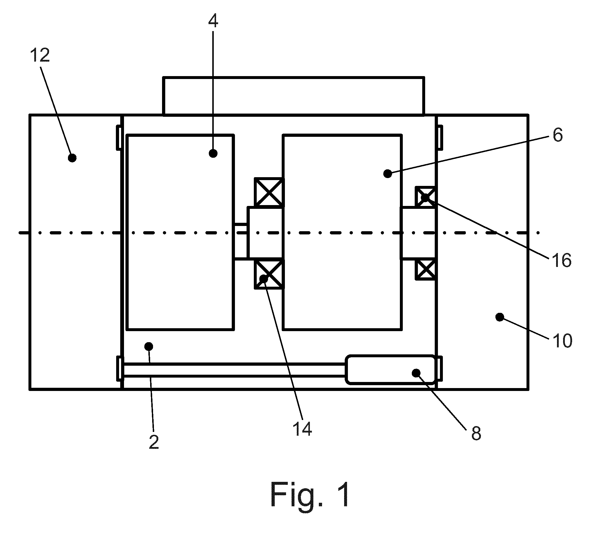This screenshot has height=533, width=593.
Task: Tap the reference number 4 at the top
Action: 213,21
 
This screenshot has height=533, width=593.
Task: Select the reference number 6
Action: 558,135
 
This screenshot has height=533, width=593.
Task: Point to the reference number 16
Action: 561,260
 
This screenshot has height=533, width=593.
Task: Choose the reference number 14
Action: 302,429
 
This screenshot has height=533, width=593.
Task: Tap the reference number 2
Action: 154,442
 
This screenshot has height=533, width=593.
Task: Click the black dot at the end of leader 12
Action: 72,158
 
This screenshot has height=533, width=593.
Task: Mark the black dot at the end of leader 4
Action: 213,153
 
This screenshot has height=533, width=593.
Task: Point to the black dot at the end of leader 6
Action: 387,174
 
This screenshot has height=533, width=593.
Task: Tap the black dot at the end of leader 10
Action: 499,317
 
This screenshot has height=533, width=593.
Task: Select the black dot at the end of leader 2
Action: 149,347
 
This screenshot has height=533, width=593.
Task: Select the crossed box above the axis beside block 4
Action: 269,192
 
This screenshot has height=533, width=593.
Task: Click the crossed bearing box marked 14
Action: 269,274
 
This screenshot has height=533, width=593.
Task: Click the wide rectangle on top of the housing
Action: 293,96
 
